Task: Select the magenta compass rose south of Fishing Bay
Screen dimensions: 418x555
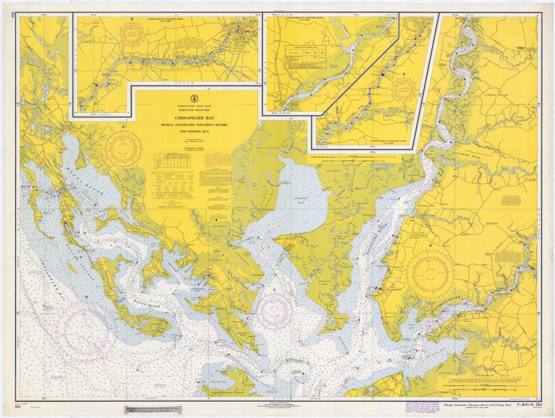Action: [x=274, y=311]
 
